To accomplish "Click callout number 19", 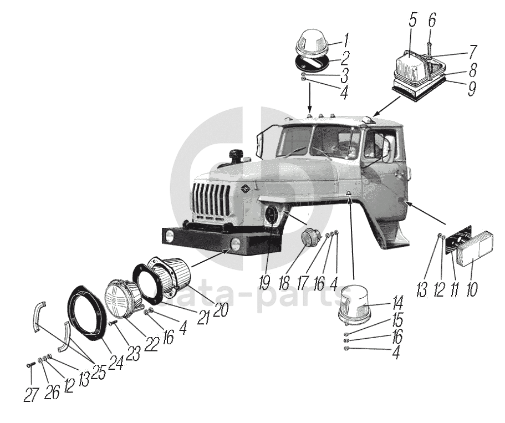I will tap(264, 282).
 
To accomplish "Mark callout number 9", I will tap(471, 89).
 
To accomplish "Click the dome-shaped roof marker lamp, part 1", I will tap(314, 43).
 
